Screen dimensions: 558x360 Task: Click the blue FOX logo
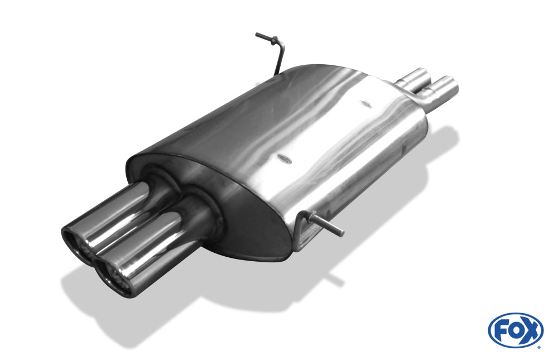516,330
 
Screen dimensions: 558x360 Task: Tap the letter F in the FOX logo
501,332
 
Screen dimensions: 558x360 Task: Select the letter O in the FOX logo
515,330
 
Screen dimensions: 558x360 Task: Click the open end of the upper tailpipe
76,242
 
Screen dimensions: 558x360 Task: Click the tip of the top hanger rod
257,35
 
